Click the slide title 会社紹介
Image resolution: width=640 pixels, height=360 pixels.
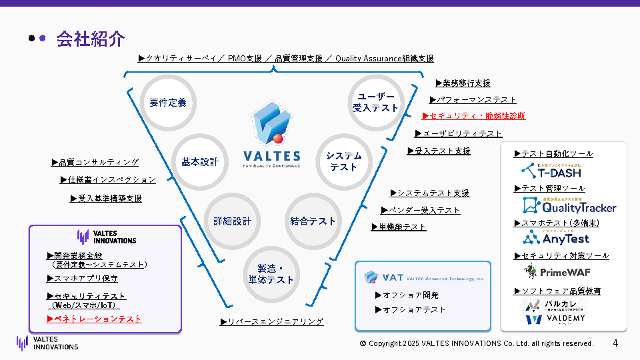point(91,39)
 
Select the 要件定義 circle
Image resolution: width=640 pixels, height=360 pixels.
point(168,103)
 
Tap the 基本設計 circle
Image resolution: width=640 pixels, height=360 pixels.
point(200,162)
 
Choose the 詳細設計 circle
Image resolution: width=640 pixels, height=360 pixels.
point(232,221)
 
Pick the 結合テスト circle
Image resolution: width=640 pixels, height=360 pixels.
point(313,221)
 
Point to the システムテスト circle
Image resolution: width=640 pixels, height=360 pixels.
point(343,161)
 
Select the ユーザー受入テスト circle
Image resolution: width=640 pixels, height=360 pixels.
point(375,102)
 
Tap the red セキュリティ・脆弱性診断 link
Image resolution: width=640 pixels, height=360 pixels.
point(474,116)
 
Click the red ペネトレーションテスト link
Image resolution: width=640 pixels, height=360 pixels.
point(94,319)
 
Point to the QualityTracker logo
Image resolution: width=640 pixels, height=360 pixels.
point(569,206)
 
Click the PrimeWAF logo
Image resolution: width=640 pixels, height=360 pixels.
point(557,271)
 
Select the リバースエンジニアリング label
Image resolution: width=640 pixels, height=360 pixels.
point(272,322)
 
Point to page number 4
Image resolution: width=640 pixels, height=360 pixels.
point(615,343)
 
